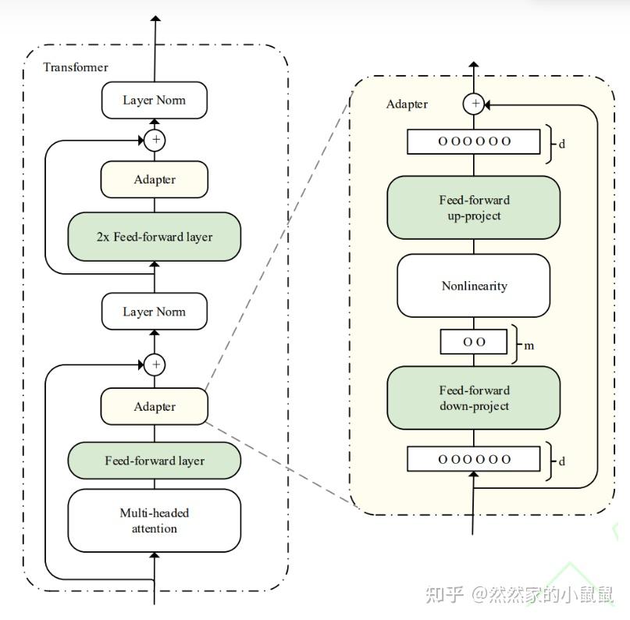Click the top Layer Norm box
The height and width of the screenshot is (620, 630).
154,100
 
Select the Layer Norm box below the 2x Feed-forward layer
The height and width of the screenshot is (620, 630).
154,312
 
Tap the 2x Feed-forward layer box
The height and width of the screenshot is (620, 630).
154,237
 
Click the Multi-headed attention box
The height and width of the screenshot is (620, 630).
154,521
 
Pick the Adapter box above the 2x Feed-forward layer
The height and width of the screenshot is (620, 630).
154,180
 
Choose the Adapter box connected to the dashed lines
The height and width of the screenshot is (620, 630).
154,406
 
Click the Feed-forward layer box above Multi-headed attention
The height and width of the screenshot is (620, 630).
154,461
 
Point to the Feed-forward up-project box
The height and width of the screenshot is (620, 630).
473,208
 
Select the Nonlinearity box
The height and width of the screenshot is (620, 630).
473,286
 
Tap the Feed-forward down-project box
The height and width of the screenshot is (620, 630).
473,398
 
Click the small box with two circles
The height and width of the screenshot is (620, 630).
473,342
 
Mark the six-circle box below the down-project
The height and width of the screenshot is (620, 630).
473,459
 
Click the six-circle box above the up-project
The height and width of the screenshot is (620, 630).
473,141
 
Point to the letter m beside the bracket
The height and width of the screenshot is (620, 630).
529,345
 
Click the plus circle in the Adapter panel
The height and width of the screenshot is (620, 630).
473,104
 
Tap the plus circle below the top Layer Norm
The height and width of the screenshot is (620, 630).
155,140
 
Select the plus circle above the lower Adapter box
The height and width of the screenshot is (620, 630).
155,364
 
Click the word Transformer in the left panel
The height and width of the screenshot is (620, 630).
76,67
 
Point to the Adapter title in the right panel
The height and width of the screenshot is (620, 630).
407,105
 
